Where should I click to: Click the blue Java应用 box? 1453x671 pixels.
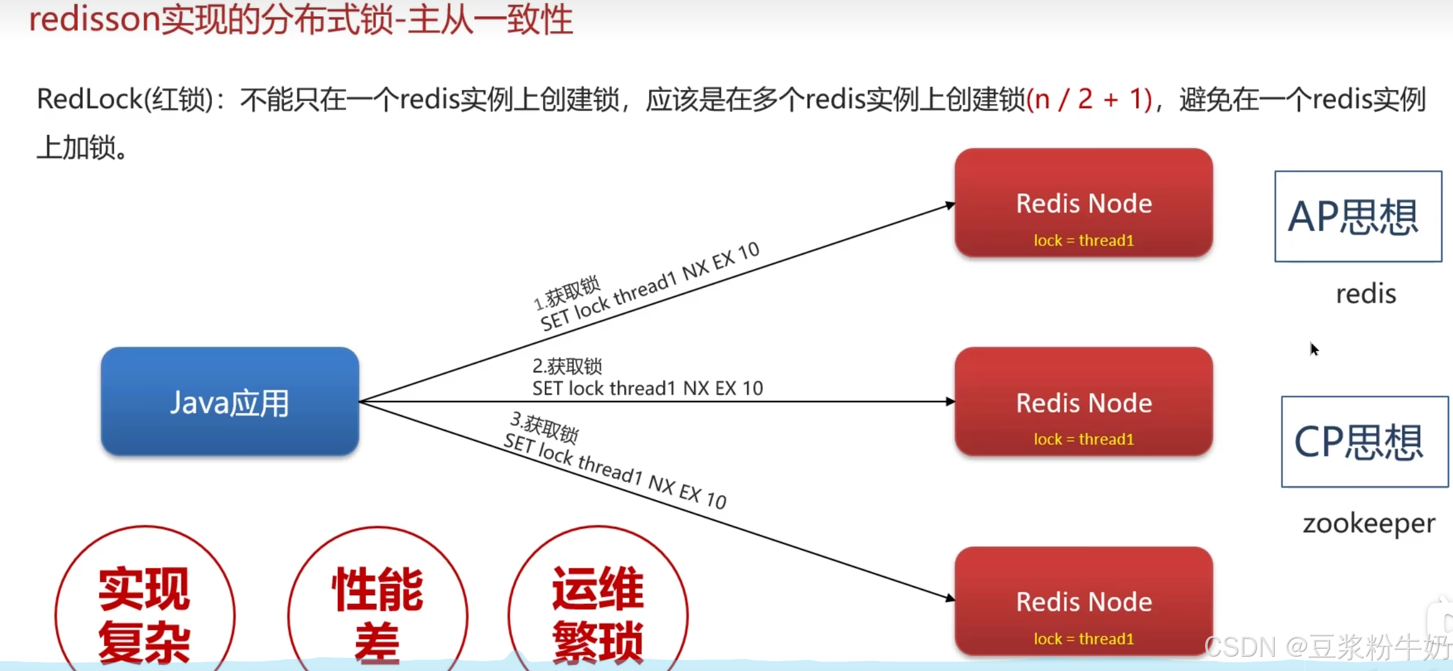coord(230,402)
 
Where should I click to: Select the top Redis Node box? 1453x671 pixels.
coord(1083,203)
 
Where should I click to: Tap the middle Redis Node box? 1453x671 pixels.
coord(1083,402)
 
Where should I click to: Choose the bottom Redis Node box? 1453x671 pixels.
coord(1083,601)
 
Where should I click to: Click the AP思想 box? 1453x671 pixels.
coord(1358,216)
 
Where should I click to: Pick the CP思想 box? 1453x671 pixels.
coord(1364,442)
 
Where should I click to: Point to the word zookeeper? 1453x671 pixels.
coord(1369,524)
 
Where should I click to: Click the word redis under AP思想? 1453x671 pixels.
coord(1365,294)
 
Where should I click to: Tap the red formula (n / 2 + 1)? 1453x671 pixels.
coord(1089,99)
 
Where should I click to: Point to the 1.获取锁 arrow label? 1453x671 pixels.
coord(567,292)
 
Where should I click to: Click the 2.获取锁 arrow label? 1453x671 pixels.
coord(567,367)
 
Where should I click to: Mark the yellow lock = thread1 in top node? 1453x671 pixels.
coord(1083,240)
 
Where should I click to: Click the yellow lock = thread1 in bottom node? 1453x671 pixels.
coord(1083,639)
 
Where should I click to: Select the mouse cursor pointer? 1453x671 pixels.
coord(1313,348)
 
